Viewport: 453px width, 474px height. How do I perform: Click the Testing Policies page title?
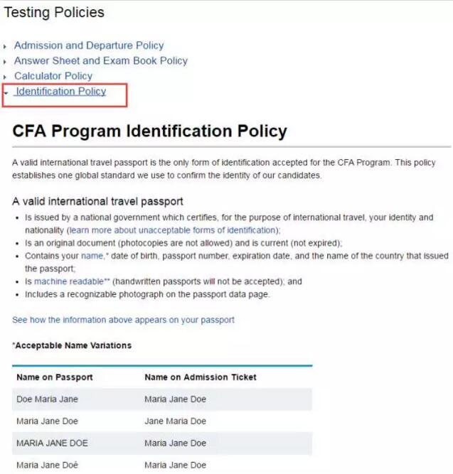[54, 13]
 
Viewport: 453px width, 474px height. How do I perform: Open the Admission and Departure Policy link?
[89, 45]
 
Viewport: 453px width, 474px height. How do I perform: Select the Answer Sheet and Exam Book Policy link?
[101, 61]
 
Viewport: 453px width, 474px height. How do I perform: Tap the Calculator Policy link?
[53, 76]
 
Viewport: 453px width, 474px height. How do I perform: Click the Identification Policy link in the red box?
[60, 92]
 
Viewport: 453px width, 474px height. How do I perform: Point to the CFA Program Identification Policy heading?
[149, 131]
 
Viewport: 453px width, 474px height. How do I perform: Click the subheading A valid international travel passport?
[97, 201]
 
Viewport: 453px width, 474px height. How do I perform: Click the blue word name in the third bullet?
[92, 256]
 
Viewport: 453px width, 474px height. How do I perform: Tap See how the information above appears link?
[123, 320]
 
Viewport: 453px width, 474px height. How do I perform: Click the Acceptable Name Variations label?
[73, 345]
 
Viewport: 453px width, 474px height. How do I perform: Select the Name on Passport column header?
[55, 377]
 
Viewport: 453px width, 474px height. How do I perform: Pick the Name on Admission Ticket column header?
[201, 377]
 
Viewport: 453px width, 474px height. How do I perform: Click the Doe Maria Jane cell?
[48, 399]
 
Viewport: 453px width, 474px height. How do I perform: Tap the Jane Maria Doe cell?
[175, 421]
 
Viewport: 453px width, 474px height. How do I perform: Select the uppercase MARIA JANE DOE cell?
[52, 443]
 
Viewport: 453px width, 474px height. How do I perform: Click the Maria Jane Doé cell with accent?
[48, 465]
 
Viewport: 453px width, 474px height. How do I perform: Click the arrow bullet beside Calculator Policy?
[6, 77]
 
